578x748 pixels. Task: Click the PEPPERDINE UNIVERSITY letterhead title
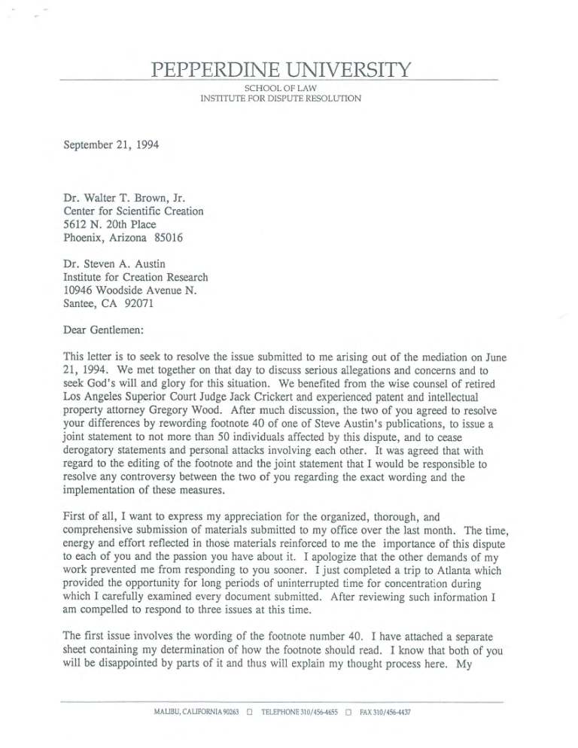coord(280,72)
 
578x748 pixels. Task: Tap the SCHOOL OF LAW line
coord(280,89)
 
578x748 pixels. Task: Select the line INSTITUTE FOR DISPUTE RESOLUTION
coord(280,99)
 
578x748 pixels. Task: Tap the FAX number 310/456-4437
coord(392,712)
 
